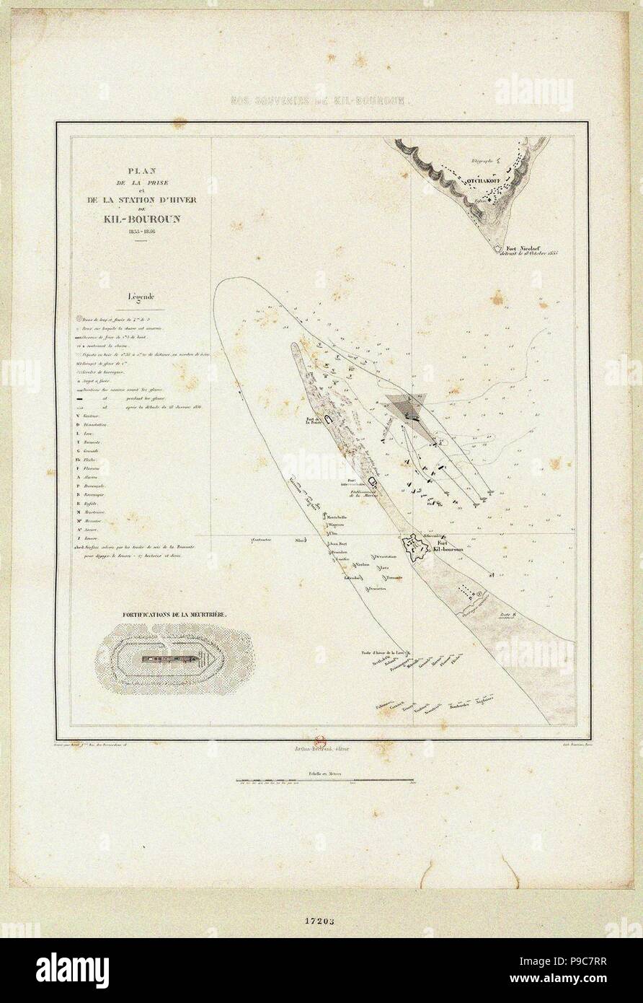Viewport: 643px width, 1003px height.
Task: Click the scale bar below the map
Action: coord(324,780)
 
